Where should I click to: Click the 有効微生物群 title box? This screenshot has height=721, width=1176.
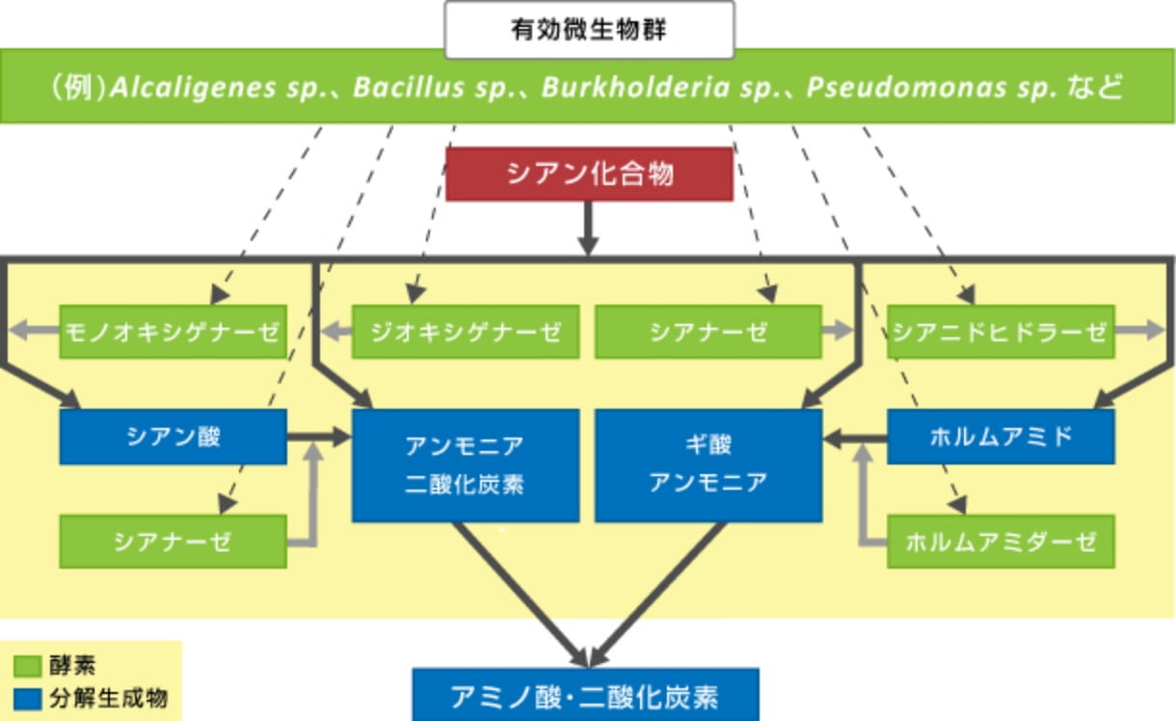(x=589, y=30)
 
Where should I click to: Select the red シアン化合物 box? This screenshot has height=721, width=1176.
(x=589, y=174)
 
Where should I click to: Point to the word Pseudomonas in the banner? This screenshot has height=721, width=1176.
(x=905, y=87)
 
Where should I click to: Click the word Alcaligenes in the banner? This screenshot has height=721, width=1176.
(x=193, y=87)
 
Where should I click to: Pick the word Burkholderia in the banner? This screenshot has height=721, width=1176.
(x=635, y=87)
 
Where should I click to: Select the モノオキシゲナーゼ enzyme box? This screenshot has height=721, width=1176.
(x=174, y=332)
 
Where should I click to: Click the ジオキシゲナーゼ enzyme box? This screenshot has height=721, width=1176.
(x=466, y=332)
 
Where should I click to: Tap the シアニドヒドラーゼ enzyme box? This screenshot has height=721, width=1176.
(x=1001, y=332)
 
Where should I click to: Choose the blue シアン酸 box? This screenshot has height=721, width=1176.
(x=174, y=437)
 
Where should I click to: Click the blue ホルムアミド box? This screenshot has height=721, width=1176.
(x=1001, y=437)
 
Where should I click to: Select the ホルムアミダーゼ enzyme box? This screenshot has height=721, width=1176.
(x=1001, y=542)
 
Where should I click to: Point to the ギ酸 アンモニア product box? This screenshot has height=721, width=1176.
(x=708, y=466)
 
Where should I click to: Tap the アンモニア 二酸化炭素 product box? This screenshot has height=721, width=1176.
(x=466, y=466)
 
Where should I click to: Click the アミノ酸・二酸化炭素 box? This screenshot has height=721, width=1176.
(x=585, y=695)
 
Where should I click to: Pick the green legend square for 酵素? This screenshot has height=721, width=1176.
(x=27, y=666)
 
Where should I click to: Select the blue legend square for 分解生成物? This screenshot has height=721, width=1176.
(x=27, y=699)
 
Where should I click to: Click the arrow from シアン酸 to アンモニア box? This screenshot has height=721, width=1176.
(x=319, y=437)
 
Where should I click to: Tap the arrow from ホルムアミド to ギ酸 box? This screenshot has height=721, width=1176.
(x=855, y=438)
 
